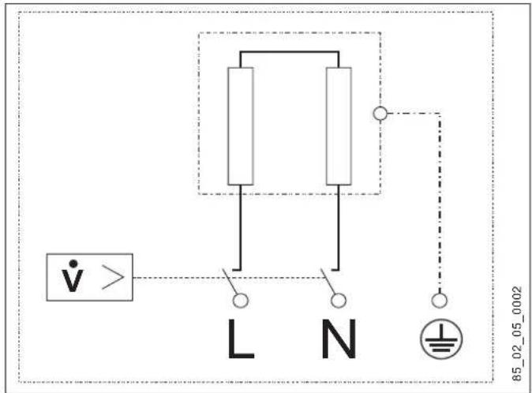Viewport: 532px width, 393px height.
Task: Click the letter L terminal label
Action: click(x=240, y=339)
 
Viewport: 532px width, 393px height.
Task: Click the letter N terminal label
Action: click(x=339, y=339)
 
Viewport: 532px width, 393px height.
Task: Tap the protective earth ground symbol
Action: click(x=441, y=339)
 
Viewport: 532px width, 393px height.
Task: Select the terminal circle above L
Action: click(x=241, y=301)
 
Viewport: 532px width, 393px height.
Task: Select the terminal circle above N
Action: click(x=339, y=301)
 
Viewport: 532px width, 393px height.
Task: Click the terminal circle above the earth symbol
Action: click(x=440, y=301)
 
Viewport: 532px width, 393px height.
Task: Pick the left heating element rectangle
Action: click(x=241, y=126)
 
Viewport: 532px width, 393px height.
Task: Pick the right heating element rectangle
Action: click(x=339, y=126)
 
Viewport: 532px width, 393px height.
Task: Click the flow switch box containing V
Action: click(x=89, y=277)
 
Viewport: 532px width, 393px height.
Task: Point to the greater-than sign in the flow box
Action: click(x=113, y=277)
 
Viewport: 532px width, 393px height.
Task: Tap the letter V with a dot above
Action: click(x=73, y=275)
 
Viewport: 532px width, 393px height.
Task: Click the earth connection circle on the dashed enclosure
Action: click(x=380, y=114)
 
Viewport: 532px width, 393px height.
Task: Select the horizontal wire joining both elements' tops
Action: click(x=290, y=52)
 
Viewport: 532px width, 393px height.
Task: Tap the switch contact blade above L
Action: click(x=230, y=282)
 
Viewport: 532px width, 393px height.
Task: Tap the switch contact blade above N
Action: click(x=328, y=282)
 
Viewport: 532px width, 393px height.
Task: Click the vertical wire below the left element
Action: click(x=241, y=227)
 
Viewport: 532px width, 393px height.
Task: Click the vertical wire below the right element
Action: click(x=339, y=227)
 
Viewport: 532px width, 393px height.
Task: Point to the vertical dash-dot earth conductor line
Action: click(x=440, y=204)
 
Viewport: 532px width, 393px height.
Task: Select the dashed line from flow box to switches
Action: click(x=229, y=278)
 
